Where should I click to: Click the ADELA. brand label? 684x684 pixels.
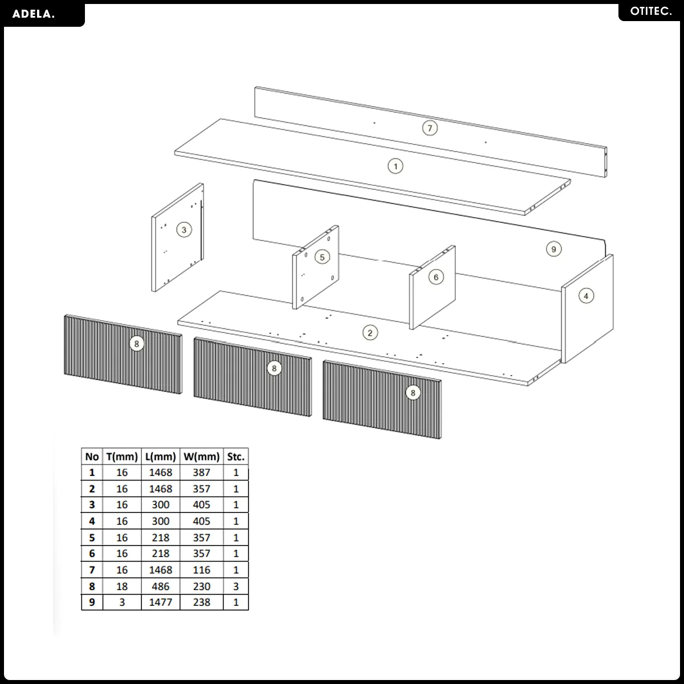point(34,14)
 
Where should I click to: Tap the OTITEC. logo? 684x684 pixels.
point(650,11)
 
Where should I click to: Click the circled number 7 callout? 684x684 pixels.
point(430,128)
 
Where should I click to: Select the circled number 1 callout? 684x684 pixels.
point(395,166)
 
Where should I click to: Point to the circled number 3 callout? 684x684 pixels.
point(184,230)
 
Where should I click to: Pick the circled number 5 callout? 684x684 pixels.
point(322,257)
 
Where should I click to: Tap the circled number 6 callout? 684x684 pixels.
point(436,277)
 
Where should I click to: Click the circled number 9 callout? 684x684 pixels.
point(553,249)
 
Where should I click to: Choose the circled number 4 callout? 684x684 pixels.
point(586,296)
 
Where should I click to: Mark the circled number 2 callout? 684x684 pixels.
point(370,332)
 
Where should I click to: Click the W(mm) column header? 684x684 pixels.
point(201,457)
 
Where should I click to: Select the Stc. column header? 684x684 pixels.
point(235,457)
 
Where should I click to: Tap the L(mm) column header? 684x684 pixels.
point(160,457)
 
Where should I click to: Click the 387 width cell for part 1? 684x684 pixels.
point(201,473)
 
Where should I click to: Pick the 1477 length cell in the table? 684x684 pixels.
point(160,602)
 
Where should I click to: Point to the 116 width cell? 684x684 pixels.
point(201,570)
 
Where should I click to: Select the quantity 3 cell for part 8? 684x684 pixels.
point(235,587)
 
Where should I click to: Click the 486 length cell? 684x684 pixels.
point(160,587)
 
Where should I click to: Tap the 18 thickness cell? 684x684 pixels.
point(122,587)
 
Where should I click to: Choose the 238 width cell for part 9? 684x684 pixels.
point(201,602)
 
